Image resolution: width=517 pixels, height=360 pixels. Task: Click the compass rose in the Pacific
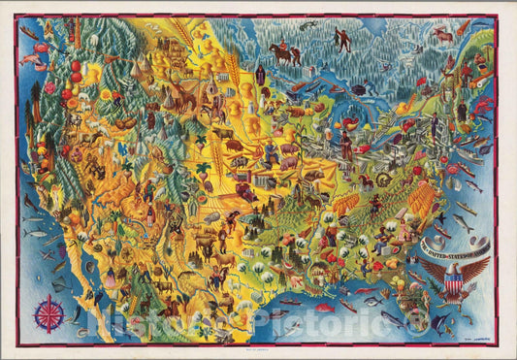click(50, 313)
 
